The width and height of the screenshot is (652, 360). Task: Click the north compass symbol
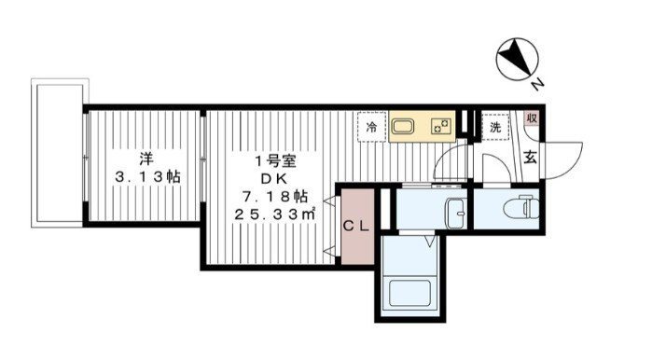tap(518, 59)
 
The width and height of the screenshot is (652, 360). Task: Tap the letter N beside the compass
tap(537, 85)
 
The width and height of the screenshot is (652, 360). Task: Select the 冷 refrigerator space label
tap(372, 127)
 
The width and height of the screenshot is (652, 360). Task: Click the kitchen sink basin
tap(403, 127)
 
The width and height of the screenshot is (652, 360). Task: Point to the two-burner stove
tap(441, 127)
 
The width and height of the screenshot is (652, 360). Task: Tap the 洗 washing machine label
tap(495, 127)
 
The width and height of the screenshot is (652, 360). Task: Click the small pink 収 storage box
tap(532, 118)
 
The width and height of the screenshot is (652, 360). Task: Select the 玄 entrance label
tap(530, 157)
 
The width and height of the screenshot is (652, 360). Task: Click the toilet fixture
tap(521, 207)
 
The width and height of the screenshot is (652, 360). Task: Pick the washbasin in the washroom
tap(456, 214)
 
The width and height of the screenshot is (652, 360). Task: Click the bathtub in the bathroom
tap(409, 294)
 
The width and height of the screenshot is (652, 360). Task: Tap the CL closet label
tap(356, 226)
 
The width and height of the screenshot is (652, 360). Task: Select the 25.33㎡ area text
tap(275, 215)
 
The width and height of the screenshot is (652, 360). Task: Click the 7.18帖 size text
tap(275, 195)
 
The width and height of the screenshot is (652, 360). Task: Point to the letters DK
tap(274, 178)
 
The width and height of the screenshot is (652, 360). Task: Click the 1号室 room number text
tap(275, 160)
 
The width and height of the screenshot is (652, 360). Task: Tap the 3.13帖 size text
tap(147, 177)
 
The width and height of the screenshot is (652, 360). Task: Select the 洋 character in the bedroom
tap(146, 159)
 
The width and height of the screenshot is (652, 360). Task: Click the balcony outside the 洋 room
tap(60, 153)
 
